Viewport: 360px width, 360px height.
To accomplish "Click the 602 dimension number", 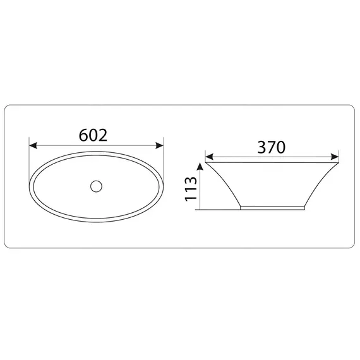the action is [x=93, y=135].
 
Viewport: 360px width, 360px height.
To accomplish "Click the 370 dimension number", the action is [x=272, y=147].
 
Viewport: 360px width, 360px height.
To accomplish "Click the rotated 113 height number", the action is [x=191, y=189].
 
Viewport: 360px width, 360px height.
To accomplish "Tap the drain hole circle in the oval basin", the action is [x=96, y=186].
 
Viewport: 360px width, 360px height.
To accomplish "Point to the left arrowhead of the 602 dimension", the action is [x=33, y=145].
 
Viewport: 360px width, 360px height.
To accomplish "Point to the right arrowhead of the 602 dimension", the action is [x=159, y=145].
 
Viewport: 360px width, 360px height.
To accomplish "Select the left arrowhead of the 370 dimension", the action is [x=209, y=157].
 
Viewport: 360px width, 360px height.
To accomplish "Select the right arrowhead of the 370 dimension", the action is [x=335, y=157].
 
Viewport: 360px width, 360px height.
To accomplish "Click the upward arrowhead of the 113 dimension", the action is [x=200, y=167].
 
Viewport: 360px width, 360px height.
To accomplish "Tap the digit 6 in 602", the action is [x=83, y=135].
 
